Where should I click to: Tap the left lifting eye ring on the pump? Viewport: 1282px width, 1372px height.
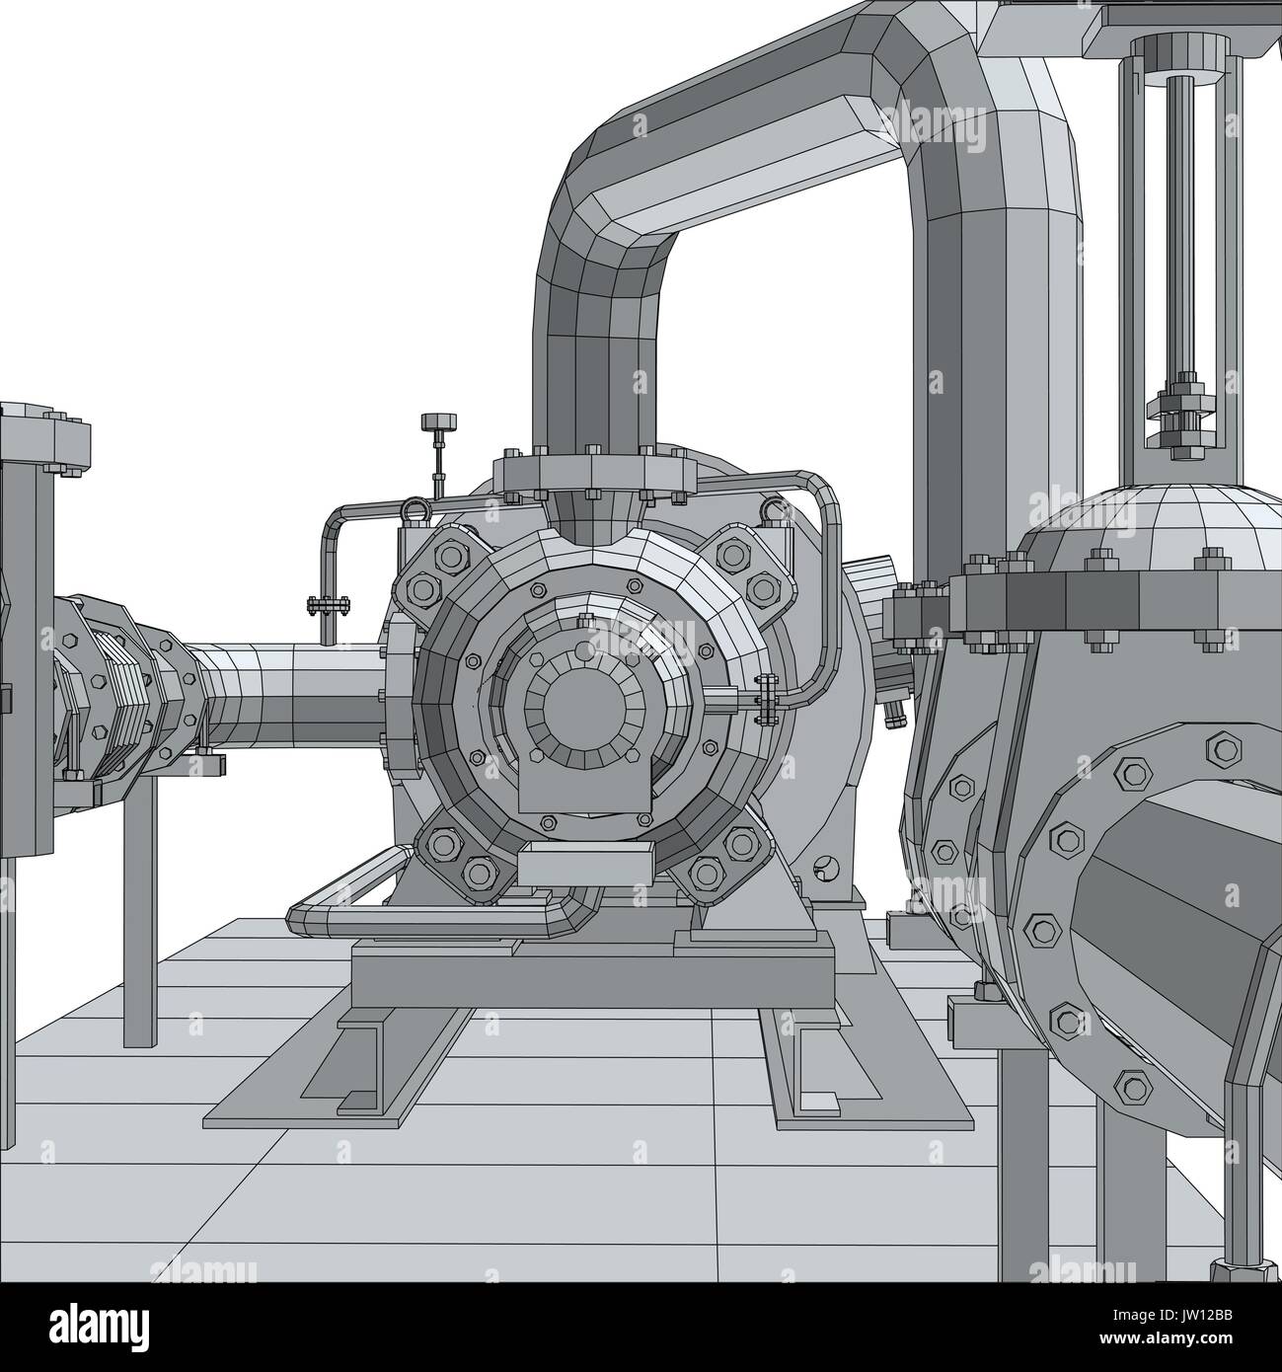(x=413, y=510)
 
